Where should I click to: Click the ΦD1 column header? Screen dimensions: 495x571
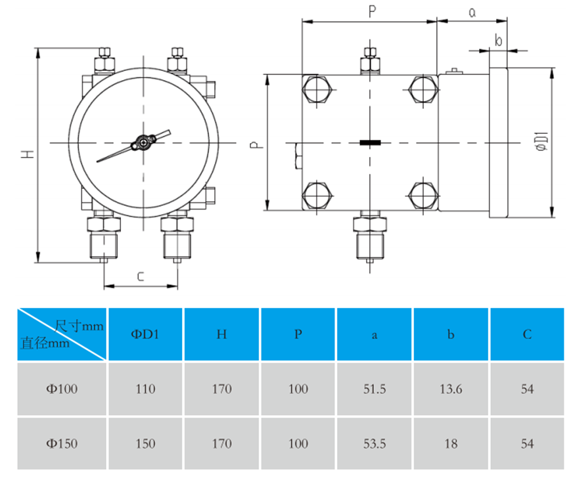145,334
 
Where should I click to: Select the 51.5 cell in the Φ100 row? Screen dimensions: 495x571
374,389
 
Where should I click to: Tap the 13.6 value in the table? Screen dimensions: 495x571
450,389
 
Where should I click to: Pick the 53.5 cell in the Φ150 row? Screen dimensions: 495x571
374,443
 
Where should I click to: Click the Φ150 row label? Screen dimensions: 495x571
62,443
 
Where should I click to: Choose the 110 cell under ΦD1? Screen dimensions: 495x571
145,389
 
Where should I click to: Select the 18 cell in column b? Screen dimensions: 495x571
450,443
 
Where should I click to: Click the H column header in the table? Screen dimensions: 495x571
221,334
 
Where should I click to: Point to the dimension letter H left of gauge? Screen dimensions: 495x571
27,154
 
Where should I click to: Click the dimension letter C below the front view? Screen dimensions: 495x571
140,276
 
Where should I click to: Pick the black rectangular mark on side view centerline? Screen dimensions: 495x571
371,142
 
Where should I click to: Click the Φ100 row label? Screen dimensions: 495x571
62,389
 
